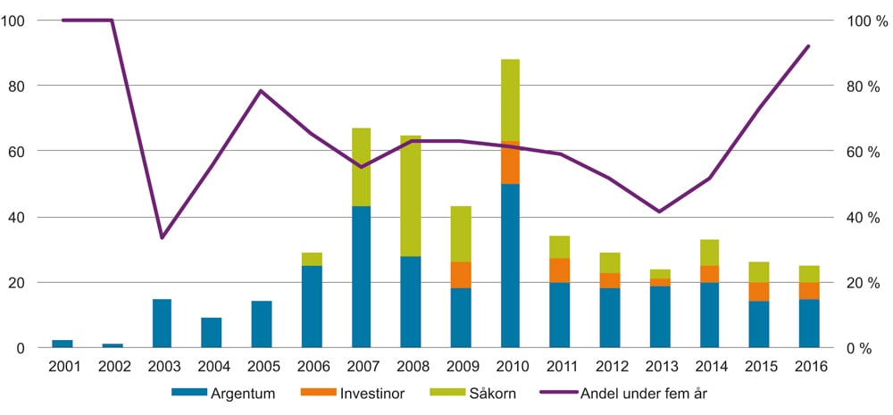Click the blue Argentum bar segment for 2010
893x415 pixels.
510,265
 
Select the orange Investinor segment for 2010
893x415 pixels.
510,162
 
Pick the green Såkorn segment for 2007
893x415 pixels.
361,167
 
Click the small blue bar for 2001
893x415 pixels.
63,344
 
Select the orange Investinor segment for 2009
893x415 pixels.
460,275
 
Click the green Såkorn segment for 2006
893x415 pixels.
312,259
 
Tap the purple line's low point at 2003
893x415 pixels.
162,237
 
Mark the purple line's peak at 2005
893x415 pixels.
261,90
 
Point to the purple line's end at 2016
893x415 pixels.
808,46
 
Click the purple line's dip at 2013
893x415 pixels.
659,212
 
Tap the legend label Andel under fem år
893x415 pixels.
638,393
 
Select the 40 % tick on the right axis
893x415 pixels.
863,217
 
